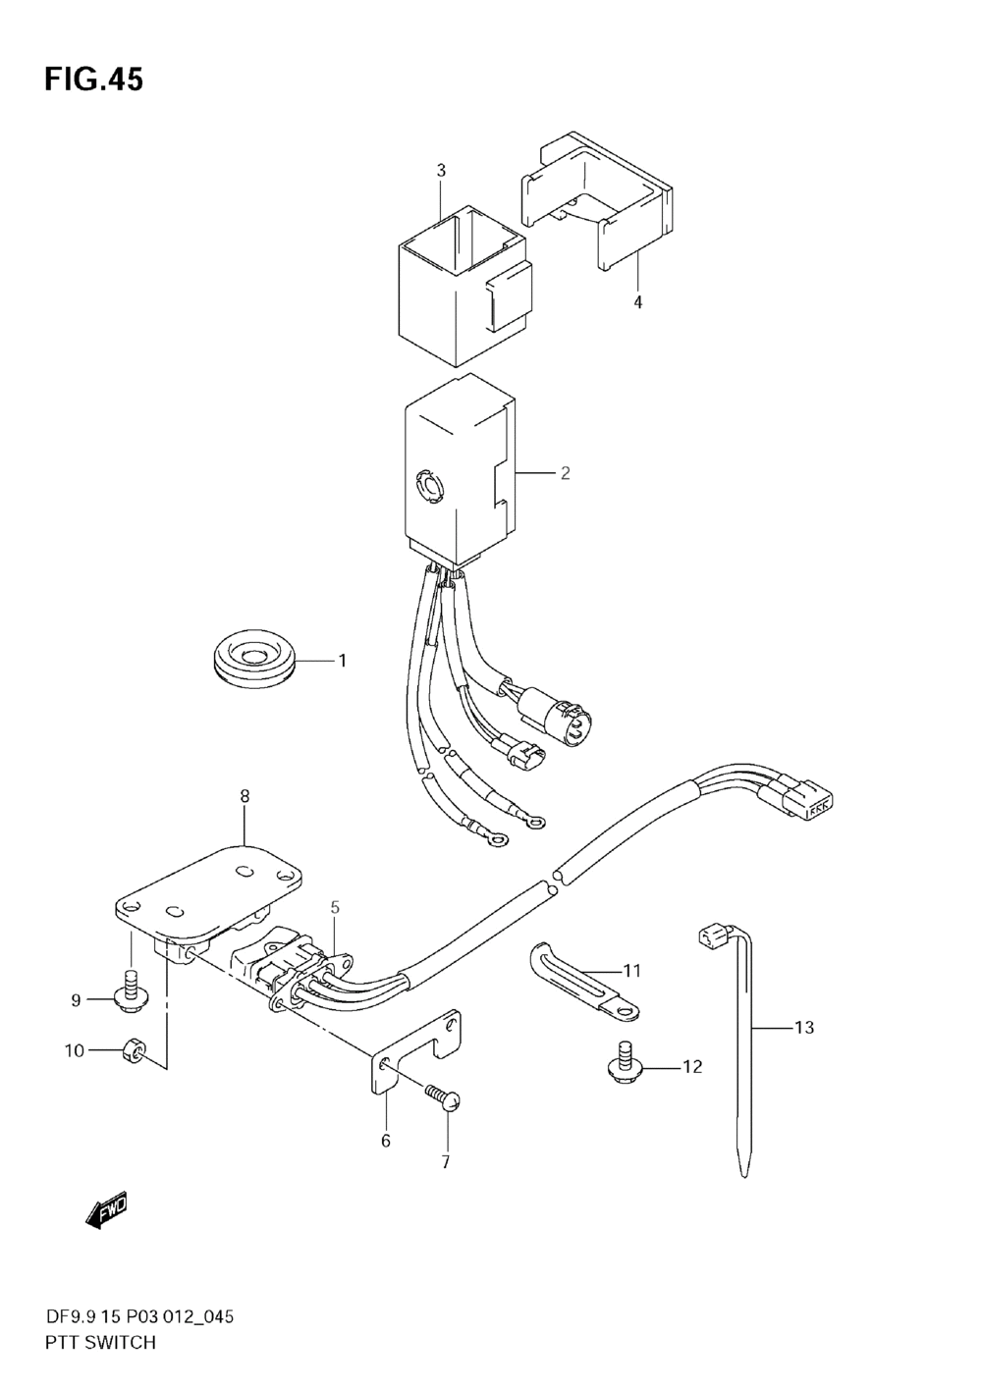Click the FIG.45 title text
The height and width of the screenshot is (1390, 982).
click(93, 80)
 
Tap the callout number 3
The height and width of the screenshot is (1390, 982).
click(441, 171)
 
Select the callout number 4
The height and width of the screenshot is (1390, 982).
click(638, 302)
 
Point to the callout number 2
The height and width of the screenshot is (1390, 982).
click(565, 473)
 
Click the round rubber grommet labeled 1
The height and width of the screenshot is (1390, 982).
click(253, 661)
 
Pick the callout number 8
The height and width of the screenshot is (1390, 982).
click(245, 795)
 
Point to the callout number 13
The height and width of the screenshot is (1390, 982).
click(804, 1028)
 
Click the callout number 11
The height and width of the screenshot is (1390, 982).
click(631, 970)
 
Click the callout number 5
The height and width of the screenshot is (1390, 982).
click(335, 907)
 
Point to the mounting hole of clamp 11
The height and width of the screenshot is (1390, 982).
click(626, 1011)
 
